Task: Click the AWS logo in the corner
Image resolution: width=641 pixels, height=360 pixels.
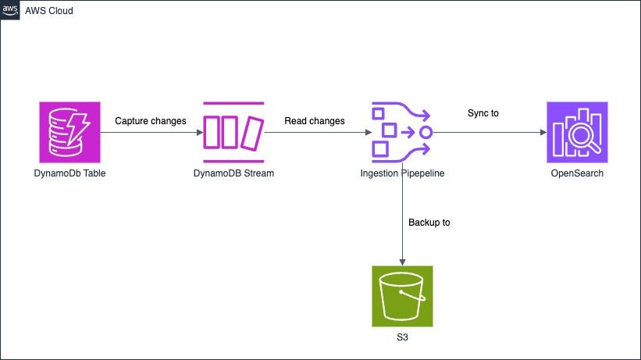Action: (9, 9)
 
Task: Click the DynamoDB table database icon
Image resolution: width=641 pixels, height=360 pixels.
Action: (70, 131)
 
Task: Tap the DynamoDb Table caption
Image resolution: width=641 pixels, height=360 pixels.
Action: (70, 173)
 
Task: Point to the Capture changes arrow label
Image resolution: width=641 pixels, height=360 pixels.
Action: (151, 121)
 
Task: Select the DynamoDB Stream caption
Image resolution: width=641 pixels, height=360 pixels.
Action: (233, 173)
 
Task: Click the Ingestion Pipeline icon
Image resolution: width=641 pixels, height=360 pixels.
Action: (402, 131)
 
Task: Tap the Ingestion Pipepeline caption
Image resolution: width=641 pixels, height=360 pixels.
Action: (402, 173)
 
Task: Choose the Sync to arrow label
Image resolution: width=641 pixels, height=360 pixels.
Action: (483, 113)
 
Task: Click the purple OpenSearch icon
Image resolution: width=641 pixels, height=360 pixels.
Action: (577, 131)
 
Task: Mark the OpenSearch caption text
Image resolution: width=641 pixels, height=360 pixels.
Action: (577, 173)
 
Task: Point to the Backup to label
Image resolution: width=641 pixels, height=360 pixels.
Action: (429, 223)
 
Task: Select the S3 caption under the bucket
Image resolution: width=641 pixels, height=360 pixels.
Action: (402, 337)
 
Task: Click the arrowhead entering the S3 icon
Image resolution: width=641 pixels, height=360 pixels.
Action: (402, 262)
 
